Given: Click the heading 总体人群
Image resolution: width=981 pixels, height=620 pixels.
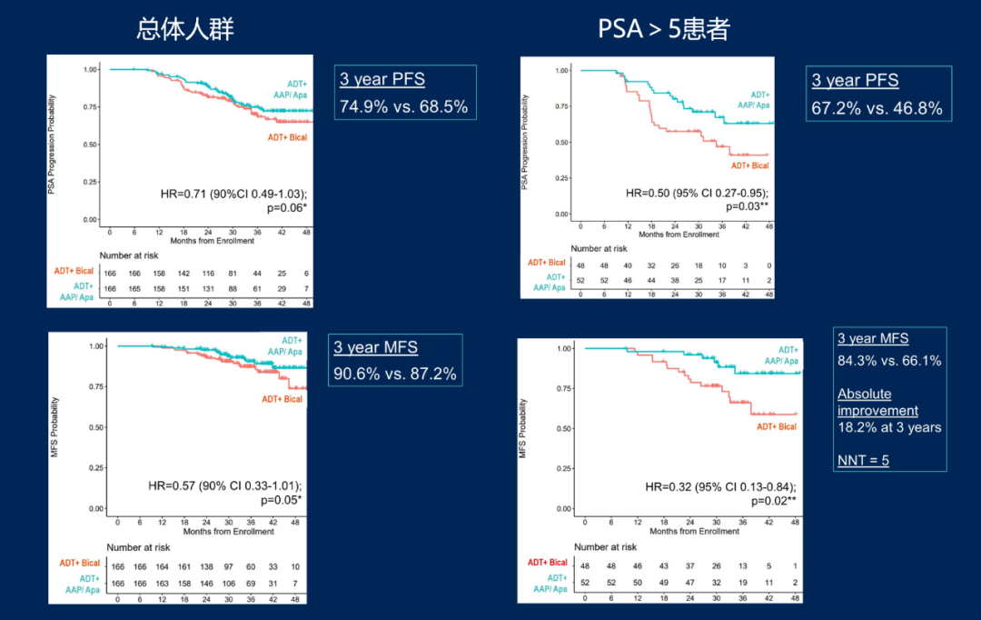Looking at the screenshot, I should click(185, 29).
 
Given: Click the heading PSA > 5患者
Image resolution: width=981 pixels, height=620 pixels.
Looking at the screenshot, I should click(664, 29).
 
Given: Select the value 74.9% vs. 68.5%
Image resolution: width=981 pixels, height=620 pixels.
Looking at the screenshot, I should click(403, 106).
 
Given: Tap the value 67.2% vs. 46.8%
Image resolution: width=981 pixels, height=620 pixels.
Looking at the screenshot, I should click(877, 109).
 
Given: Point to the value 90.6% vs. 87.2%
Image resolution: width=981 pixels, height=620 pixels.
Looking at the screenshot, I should click(395, 374).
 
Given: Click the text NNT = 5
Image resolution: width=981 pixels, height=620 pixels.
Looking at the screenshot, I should click(863, 460).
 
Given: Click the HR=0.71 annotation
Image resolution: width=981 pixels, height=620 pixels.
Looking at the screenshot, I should click(232, 195).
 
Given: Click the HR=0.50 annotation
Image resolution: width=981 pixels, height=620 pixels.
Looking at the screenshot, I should click(697, 193).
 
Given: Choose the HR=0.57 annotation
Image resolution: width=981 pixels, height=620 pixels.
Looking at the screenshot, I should click(224, 485).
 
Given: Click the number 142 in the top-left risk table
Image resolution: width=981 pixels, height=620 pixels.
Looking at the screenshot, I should click(184, 272).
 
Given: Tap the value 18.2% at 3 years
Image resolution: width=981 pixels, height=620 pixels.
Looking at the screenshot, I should click(889, 427).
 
